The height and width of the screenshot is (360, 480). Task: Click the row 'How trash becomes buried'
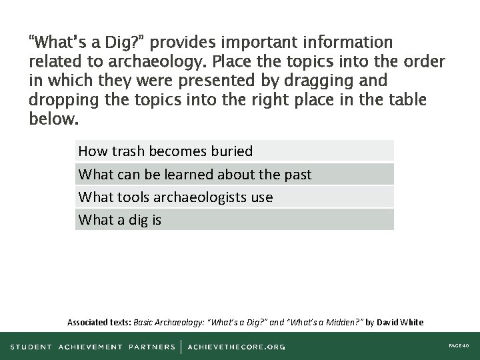pos(235,151)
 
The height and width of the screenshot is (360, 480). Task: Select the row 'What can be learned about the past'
pos(235,175)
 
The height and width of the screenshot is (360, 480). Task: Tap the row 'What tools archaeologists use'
pos(235,197)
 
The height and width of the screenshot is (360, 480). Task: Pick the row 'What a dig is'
pos(235,219)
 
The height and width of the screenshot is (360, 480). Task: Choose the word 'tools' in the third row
pos(134,197)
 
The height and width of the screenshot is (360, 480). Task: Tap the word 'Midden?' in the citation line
pos(341,322)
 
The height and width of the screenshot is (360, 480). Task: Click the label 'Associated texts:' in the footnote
pos(99,322)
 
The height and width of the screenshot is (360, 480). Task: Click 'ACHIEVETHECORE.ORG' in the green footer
pos(237,347)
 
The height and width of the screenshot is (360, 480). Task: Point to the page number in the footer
pos(459,347)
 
